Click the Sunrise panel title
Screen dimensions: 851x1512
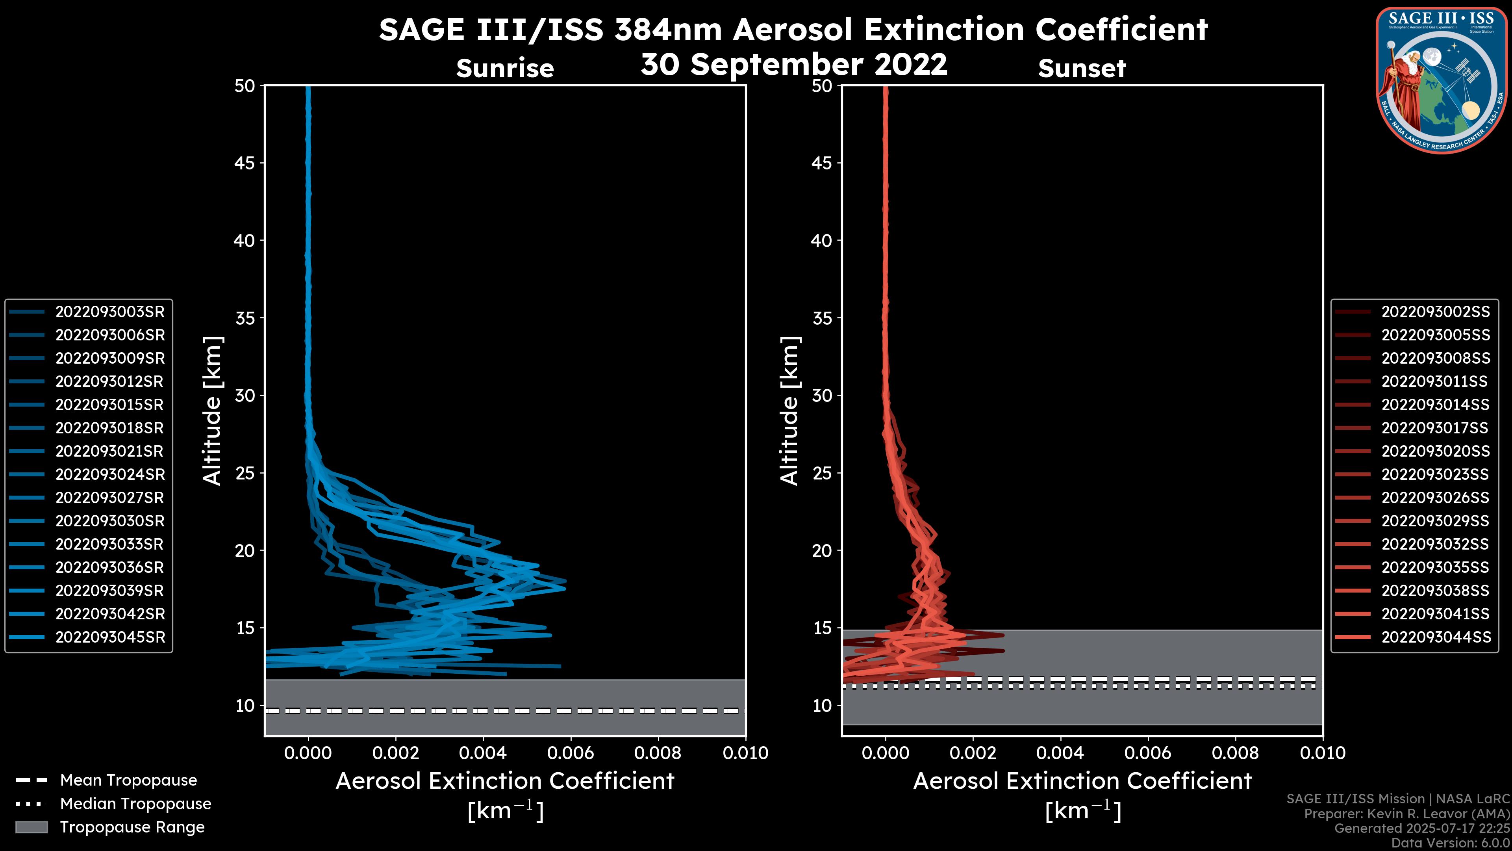[x=505, y=69]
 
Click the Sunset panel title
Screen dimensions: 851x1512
[x=1082, y=69]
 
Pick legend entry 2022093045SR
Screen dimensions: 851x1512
[x=110, y=637]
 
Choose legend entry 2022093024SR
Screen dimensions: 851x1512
[x=110, y=474]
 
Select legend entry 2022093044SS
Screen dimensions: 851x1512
[x=1435, y=637]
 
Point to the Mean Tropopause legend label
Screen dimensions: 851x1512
[x=128, y=780]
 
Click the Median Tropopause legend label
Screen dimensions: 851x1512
[x=135, y=803]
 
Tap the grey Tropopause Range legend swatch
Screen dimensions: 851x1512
[x=31, y=827]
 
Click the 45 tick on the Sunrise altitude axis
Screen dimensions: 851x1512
[x=245, y=163]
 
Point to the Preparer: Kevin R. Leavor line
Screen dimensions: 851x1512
[x=1406, y=814]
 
